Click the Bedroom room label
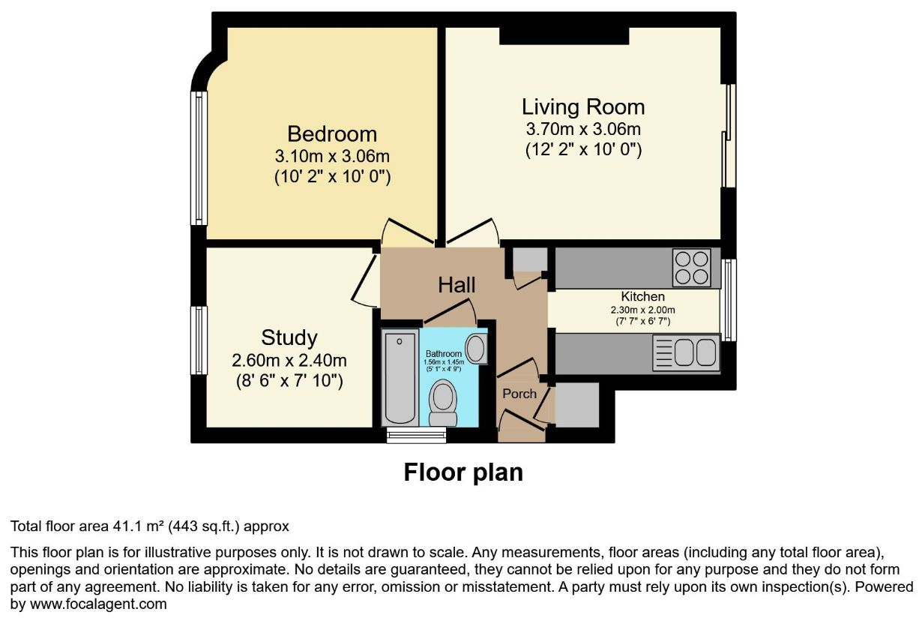point(332,133)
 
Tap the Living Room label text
point(583,106)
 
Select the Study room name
point(289,337)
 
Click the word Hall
point(457,285)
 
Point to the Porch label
point(519,394)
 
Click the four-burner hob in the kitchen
point(691,268)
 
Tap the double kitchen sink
point(687,352)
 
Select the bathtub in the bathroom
point(400,377)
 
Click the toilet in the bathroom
point(443,403)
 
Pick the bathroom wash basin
point(476,349)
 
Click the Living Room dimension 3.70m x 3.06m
point(583,129)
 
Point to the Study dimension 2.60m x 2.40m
point(289,360)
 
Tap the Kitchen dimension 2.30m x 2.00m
point(642,310)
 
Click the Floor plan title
point(463,472)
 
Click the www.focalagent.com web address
point(98,604)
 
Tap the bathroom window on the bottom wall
point(416,435)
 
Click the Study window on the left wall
point(199,340)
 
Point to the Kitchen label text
point(642,296)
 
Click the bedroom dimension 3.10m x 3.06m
point(332,157)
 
